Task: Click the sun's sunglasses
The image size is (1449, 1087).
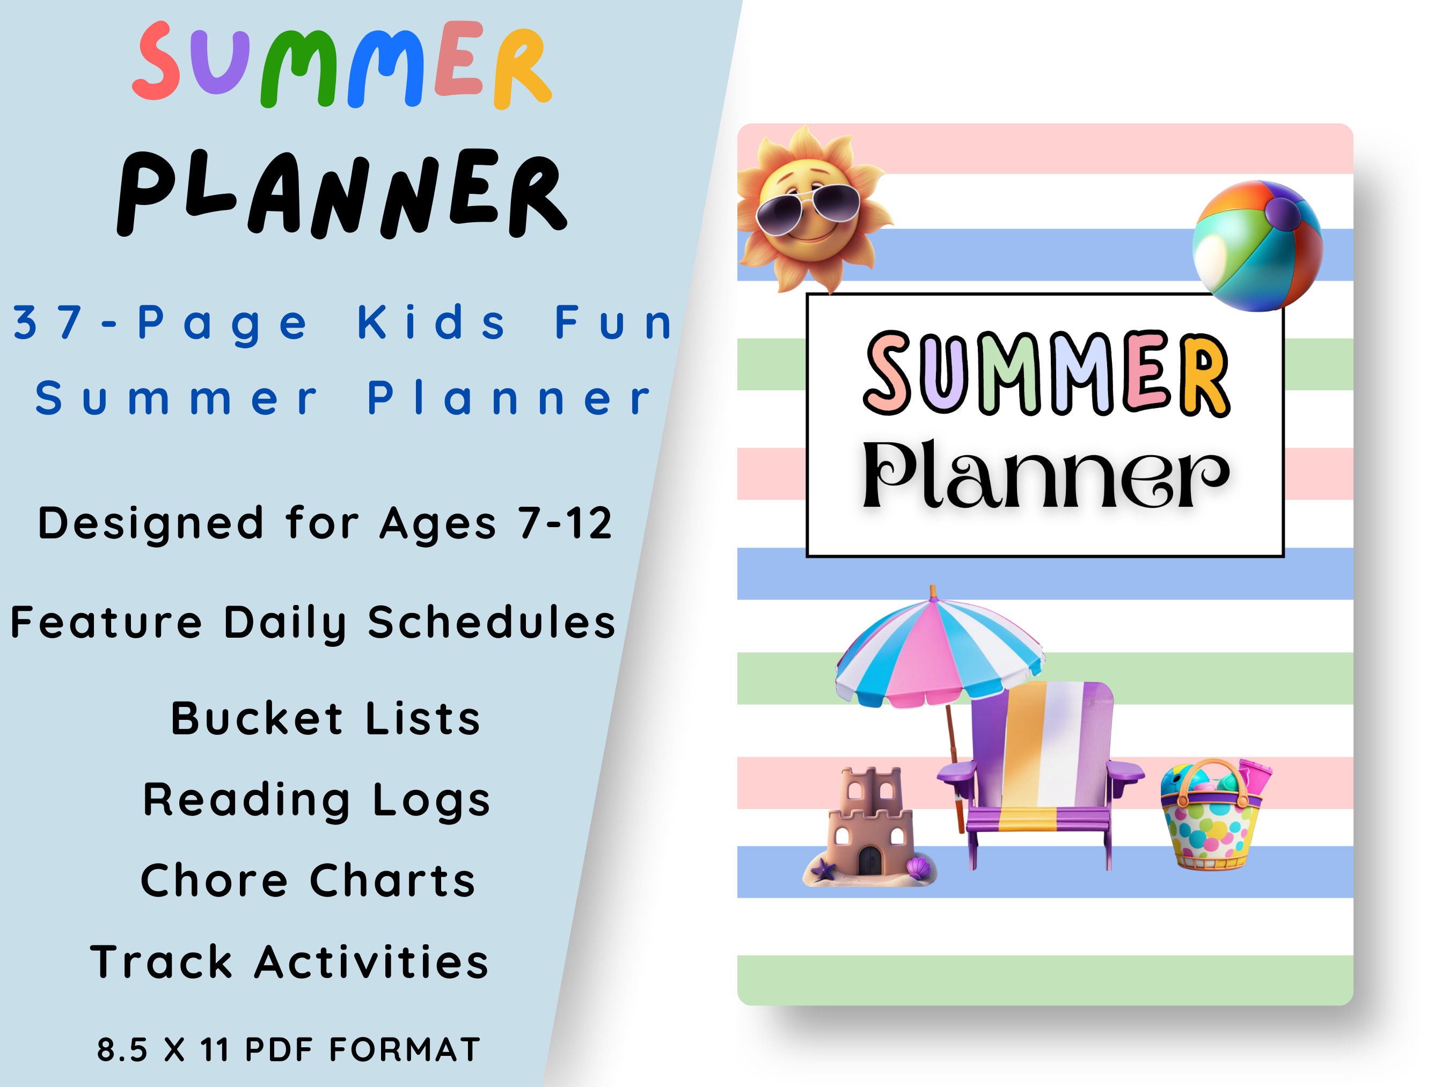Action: (808, 209)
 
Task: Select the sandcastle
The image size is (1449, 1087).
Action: (870, 829)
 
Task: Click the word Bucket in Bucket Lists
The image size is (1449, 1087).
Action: (257, 719)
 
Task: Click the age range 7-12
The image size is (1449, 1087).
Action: (565, 523)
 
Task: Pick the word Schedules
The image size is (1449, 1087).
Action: (491, 623)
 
